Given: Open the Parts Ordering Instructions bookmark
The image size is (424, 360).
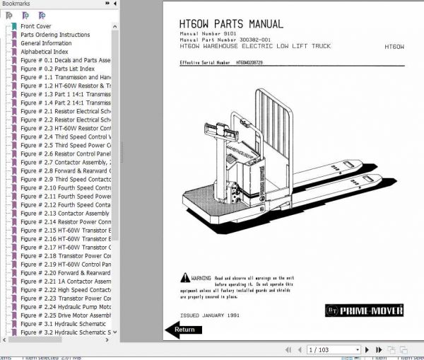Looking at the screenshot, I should tap(54, 35).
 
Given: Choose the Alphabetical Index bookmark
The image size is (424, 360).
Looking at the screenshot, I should tap(44, 52).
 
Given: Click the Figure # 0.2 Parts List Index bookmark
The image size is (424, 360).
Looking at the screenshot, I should tap(63, 69).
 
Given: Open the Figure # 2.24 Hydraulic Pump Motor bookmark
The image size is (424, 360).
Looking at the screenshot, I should tap(65, 307).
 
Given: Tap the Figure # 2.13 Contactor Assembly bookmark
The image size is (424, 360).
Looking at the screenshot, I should tap(64, 213).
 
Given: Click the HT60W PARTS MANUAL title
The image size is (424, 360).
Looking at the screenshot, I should tap(231, 24).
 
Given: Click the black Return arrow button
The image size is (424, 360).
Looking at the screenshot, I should tap(183, 329).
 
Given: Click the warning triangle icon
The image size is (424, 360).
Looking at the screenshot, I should tap(184, 279).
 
